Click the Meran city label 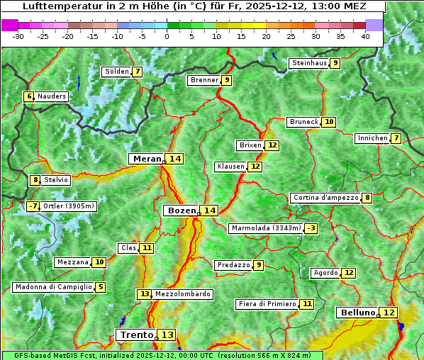coord(147,159)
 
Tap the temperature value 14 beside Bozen coord(209,210)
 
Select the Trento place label coord(136,334)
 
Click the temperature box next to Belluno coord(389,313)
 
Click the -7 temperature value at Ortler coord(33,206)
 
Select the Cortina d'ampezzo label coord(325,198)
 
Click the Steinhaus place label coord(309,63)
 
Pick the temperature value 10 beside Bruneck coord(329,122)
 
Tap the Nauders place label coord(52,96)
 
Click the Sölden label coord(117,72)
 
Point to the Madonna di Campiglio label coord(53,287)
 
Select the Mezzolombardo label coord(182,294)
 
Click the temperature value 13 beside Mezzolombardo coord(144,294)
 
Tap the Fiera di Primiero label coord(267,304)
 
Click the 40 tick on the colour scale coord(365,36)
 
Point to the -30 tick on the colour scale coord(18,36)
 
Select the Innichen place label coord(372,138)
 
